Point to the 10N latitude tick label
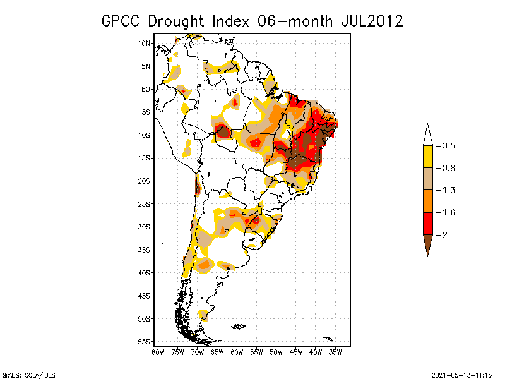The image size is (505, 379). (145, 43)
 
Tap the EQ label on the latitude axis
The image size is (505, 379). (146, 89)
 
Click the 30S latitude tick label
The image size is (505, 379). (145, 227)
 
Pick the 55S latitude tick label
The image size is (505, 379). (145, 342)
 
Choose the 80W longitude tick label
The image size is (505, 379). (158, 352)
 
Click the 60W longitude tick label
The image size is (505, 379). (237, 352)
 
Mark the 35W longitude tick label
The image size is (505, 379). (335, 352)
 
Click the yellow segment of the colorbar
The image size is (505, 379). (427, 157)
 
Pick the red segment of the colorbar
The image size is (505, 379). (427, 223)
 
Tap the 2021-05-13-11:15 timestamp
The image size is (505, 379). (461, 373)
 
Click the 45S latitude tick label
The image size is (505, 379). (145, 296)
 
